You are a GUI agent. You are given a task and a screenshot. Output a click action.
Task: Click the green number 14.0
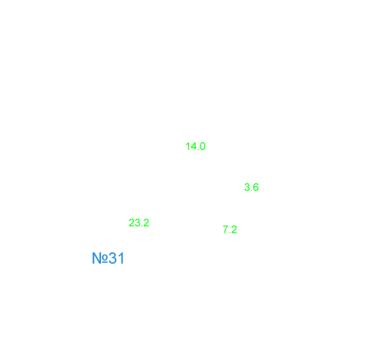click(x=195, y=146)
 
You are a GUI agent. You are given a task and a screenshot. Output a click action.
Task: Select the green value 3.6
click(x=252, y=187)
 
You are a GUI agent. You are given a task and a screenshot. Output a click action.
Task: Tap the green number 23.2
click(x=139, y=223)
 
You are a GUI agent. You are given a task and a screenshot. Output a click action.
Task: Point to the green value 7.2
click(x=230, y=230)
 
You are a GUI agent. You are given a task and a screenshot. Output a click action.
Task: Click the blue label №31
click(x=108, y=258)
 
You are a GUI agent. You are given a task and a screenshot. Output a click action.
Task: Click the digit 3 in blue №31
click(x=112, y=258)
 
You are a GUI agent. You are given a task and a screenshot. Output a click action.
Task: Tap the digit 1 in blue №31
click(x=121, y=258)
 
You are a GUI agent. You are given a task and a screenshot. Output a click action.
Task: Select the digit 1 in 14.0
click(x=188, y=146)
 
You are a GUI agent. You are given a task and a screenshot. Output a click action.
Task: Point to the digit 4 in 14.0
click(x=193, y=146)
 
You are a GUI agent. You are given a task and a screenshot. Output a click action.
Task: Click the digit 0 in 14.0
click(x=203, y=146)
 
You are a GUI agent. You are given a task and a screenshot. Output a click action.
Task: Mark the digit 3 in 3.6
click(x=247, y=187)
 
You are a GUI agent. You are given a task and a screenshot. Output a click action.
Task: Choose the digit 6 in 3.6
click(x=256, y=187)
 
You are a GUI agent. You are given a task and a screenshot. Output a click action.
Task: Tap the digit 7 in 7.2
click(x=226, y=230)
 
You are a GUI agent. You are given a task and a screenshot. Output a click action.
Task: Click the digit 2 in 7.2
click(x=234, y=230)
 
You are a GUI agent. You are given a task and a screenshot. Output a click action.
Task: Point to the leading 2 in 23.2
click(x=132, y=223)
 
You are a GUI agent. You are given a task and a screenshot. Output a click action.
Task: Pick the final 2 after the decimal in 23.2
click(x=146, y=223)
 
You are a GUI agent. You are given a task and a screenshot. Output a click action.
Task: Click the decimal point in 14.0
click(x=197, y=150)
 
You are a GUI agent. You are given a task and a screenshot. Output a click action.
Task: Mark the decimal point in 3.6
click(x=252, y=190)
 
